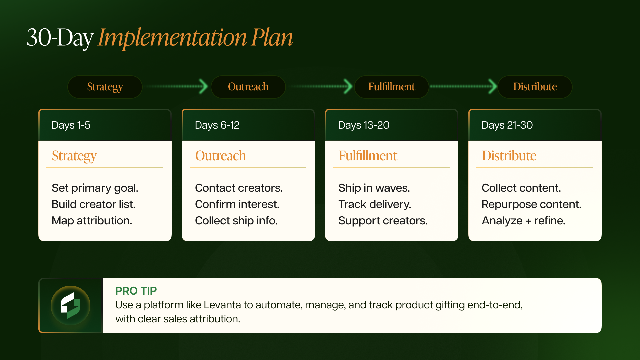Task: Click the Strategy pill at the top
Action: pos(105,87)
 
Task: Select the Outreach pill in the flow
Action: pos(248,87)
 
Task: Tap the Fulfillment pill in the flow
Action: pos(391,87)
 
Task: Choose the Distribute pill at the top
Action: pos(535,87)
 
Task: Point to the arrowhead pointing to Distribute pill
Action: pos(492,86)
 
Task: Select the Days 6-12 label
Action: pos(217,125)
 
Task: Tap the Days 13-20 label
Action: pos(364,125)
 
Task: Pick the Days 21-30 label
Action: pos(507,125)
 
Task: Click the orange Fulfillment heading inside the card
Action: pos(368,156)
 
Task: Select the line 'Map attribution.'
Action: pos(92,221)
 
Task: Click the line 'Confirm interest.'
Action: pos(237,204)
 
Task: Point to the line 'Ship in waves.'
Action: pos(374,188)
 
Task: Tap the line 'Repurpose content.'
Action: pos(531,204)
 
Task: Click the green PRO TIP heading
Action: pos(136,291)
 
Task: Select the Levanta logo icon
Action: pos(70,305)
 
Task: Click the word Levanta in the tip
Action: pos(222,305)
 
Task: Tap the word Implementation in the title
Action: pos(172,37)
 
